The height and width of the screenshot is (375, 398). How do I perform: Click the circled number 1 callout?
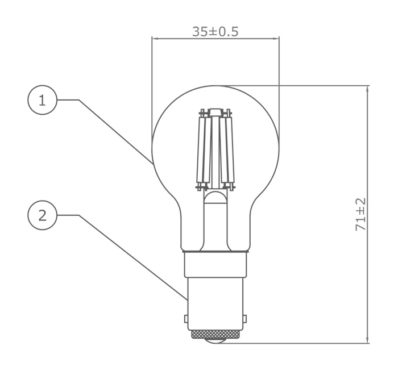click(x=42, y=100)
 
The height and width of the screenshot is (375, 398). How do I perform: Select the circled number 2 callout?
click(x=42, y=215)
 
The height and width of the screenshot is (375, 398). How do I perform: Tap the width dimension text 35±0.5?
click(x=215, y=31)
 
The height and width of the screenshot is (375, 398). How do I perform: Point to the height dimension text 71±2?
click(x=360, y=214)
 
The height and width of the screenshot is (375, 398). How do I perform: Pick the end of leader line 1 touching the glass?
click(x=153, y=163)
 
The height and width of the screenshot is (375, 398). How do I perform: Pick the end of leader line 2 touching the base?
click(x=186, y=299)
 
